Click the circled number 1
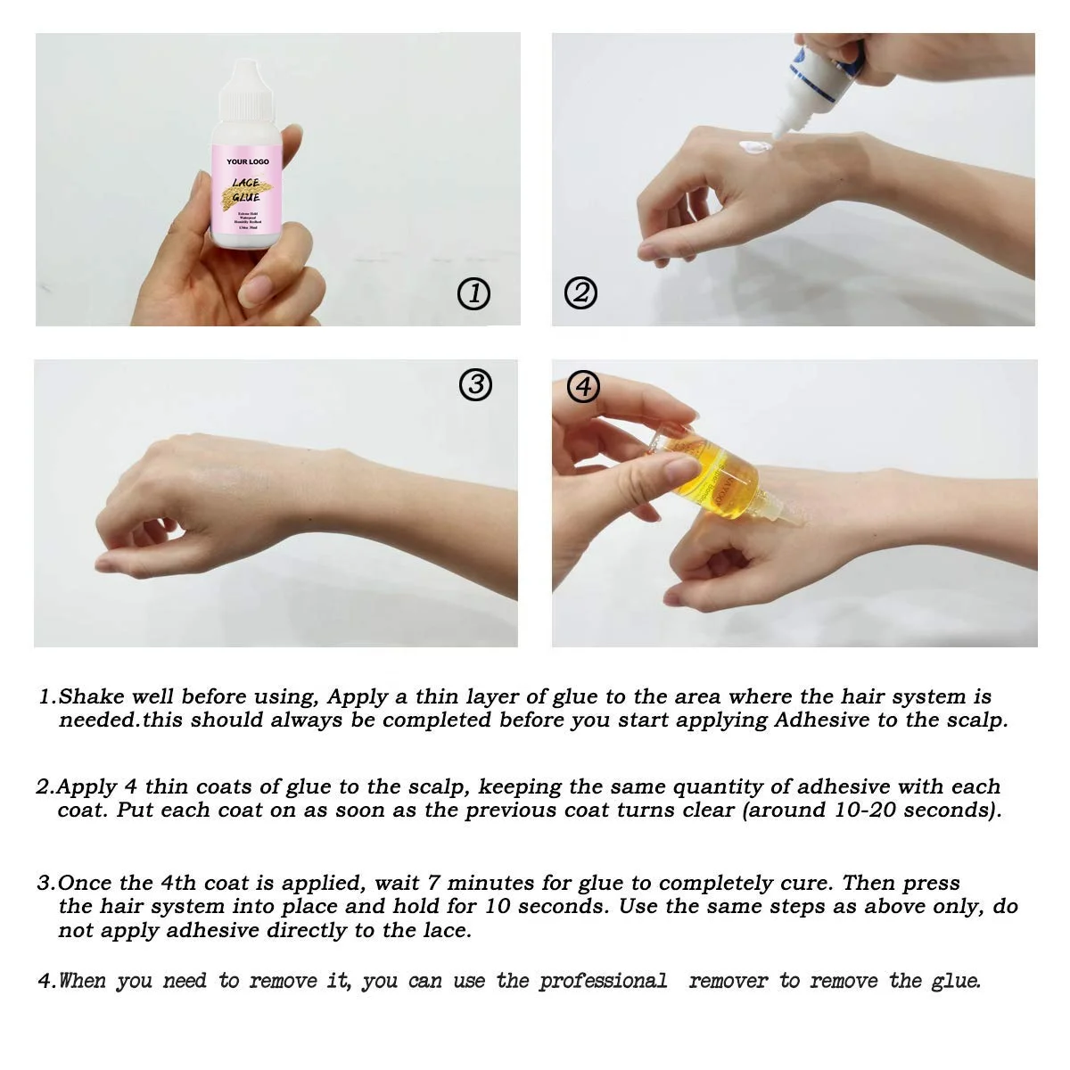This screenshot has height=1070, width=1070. [473, 292]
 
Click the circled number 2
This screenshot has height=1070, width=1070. [580, 292]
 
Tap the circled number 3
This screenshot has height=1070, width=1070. [475, 384]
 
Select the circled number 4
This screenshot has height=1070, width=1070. [583, 386]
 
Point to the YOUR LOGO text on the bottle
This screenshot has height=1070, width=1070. [247, 161]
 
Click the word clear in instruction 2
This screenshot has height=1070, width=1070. [708, 811]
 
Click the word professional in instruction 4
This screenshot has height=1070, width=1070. [603, 982]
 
